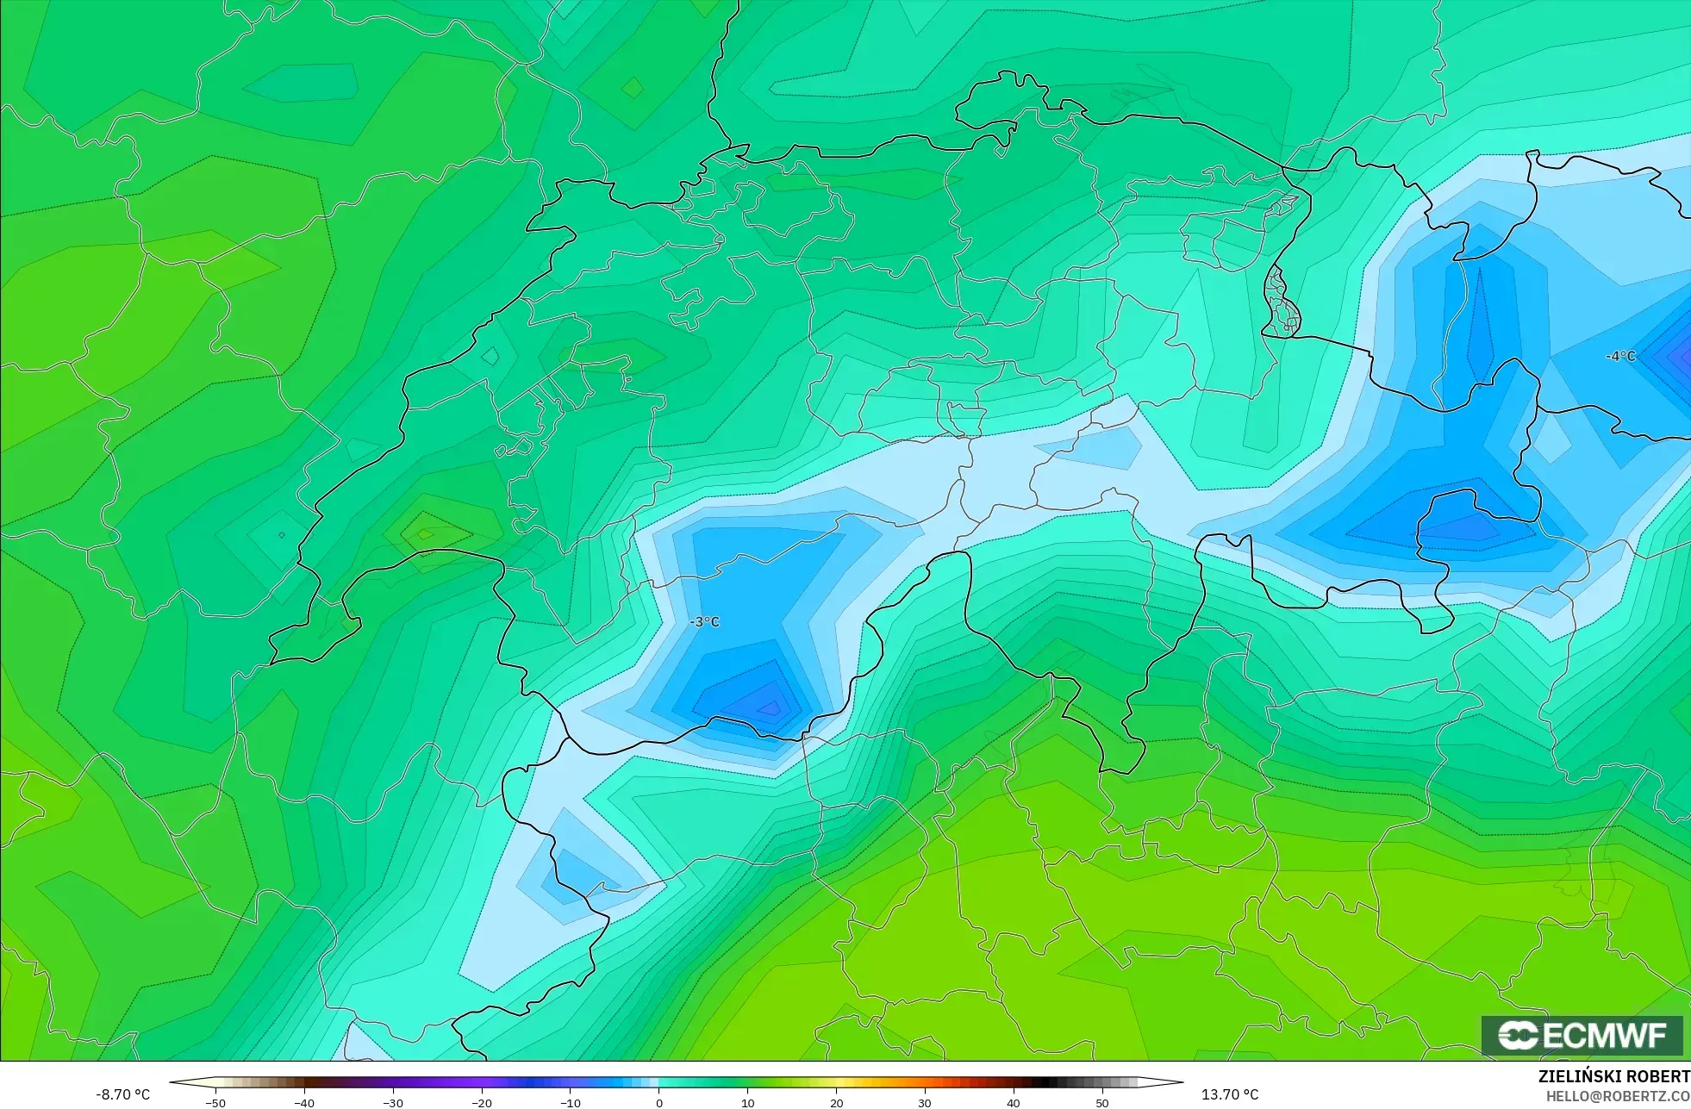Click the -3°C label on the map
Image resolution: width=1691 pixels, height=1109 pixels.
pos(704,622)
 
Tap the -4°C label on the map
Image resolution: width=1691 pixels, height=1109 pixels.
pos(1619,357)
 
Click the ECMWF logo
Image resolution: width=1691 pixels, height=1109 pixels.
pos(1582,1035)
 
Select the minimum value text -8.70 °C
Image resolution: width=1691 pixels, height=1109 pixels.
pos(123,1094)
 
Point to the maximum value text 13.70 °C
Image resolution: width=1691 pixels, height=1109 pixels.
pos(1230,1094)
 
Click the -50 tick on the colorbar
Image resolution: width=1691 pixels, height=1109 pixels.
pos(215,1103)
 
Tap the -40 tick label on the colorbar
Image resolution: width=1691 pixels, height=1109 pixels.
pos(304,1103)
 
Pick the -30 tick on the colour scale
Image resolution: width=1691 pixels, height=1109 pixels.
pos(393,1103)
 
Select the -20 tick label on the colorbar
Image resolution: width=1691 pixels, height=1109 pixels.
pos(482,1103)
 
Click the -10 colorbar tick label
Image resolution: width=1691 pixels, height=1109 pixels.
pos(571,1103)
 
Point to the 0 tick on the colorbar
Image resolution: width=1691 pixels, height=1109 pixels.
pos(659,1103)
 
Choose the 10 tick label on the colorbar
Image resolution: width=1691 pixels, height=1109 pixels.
pos(747,1103)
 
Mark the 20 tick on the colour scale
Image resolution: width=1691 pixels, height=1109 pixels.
pos(836,1103)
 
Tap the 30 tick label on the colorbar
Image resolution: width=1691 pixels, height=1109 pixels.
pos(925,1103)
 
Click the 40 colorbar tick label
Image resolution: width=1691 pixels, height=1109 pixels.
pos(1014,1103)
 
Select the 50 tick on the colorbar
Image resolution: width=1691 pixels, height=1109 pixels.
pos(1102,1103)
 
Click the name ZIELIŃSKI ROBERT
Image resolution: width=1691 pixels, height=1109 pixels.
pos(1613,1076)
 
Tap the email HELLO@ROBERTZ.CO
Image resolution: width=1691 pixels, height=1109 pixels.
pos(1617,1096)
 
